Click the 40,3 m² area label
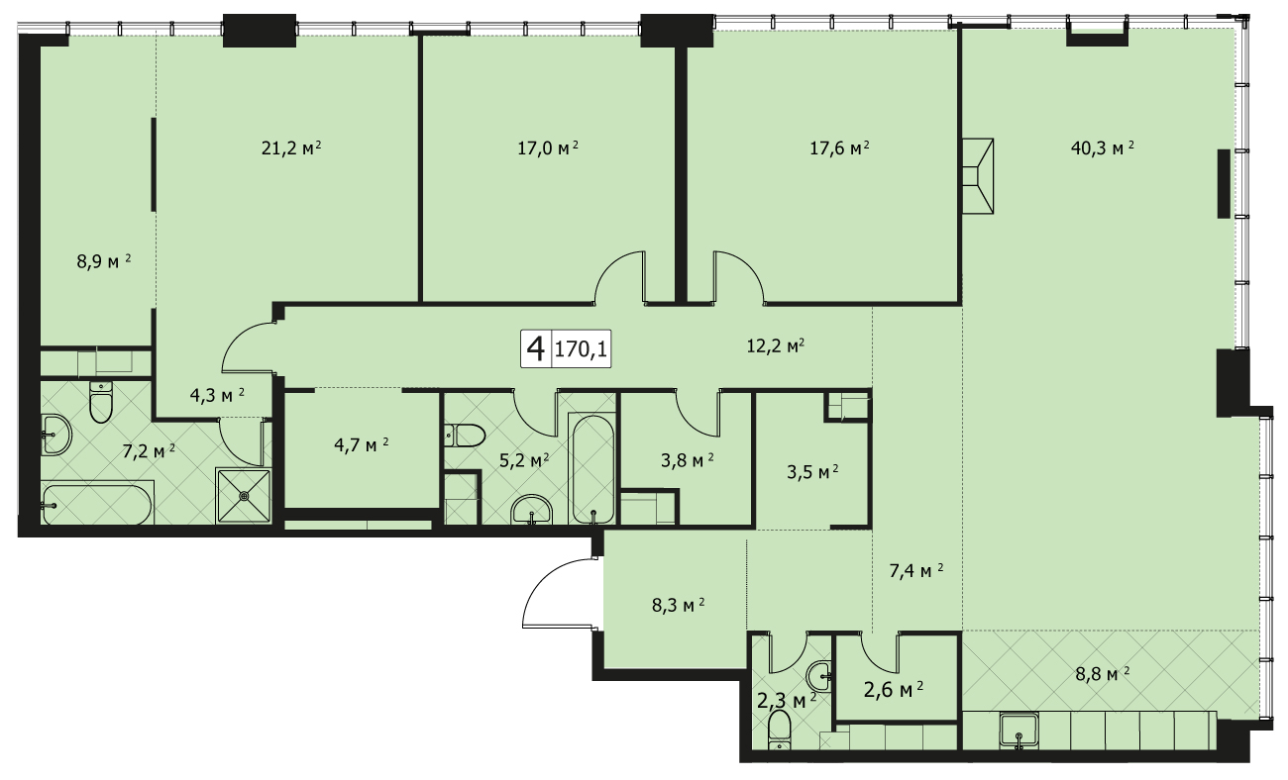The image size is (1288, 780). [1103, 148]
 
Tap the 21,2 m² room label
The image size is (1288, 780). [291, 148]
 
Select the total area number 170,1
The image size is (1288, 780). [581, 348]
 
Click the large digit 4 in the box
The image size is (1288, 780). [535, 348]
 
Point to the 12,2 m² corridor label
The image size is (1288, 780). [775, 345]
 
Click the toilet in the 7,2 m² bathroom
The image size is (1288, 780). [101, 402]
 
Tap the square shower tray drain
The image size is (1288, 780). [245, 495]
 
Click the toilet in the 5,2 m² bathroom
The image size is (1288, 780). [465, 436]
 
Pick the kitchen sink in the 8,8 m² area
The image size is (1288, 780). [1019, 731]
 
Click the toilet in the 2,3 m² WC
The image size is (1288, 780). [779, 730]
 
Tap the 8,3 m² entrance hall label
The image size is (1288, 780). [679, 606]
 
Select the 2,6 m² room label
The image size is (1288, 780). [894, 689]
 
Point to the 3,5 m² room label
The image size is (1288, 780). [812, 472]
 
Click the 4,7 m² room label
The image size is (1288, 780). [361, 444]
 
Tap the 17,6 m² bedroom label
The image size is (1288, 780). [839, 148]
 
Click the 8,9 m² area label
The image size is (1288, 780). [103, 262]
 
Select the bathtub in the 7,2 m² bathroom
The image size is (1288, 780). [98, 505]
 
